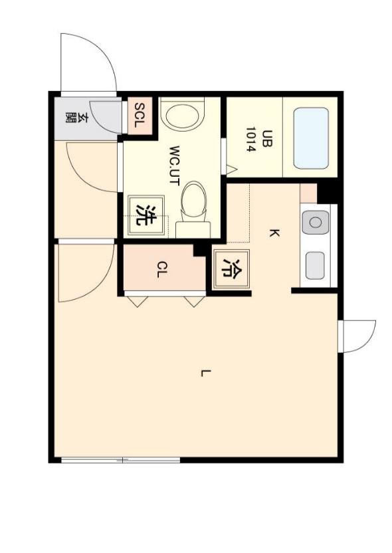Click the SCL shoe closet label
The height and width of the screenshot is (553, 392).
(140, 116)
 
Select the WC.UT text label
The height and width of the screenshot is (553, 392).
(175, 166)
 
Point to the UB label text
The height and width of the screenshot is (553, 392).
(268, 138)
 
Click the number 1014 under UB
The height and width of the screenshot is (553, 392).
(250, 140)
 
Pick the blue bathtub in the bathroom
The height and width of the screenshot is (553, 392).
(311, 138)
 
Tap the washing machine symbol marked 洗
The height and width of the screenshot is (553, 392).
(146, 215)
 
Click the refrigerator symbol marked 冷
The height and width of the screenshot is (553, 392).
(232, 269)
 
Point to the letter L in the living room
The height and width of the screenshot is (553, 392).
(206, 373)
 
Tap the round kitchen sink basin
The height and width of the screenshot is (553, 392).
(315, 223)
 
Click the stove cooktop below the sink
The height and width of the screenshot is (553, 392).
(315, 266)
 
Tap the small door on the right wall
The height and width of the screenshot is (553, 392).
(357, 336)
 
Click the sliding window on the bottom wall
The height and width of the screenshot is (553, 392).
(120, 460)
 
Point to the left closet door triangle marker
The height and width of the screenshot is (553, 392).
(138, 302)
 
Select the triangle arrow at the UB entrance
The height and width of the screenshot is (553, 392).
(231, 169)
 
